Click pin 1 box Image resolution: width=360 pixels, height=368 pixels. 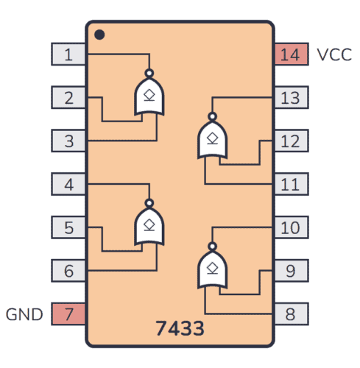tap(68, 54)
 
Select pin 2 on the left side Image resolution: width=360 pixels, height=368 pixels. tap(68, 97)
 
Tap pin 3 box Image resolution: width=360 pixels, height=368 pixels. tap(68, 140)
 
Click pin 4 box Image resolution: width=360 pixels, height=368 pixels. tap(68, 184)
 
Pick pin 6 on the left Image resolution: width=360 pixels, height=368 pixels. tap(68, 271)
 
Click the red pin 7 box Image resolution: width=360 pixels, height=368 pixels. tap(68, 314)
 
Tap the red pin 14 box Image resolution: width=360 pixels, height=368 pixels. tap(291, 54)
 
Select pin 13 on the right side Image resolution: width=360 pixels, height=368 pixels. tap(291, 97)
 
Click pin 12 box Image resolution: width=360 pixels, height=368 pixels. tap(291, 140)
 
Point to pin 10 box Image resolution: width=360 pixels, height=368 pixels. tap(291, 227)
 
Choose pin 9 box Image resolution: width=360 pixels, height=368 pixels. tap(291, 271)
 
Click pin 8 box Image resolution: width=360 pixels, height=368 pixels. tap(291, 314)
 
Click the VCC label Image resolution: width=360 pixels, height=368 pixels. tap(334, 54)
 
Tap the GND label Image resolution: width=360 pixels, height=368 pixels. tap(25, 314)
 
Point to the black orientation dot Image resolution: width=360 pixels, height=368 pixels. tap(100, 35)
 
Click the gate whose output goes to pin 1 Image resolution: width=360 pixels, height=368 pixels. tap(149, 96)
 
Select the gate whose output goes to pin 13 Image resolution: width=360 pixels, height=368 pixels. tap(212, 139)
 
